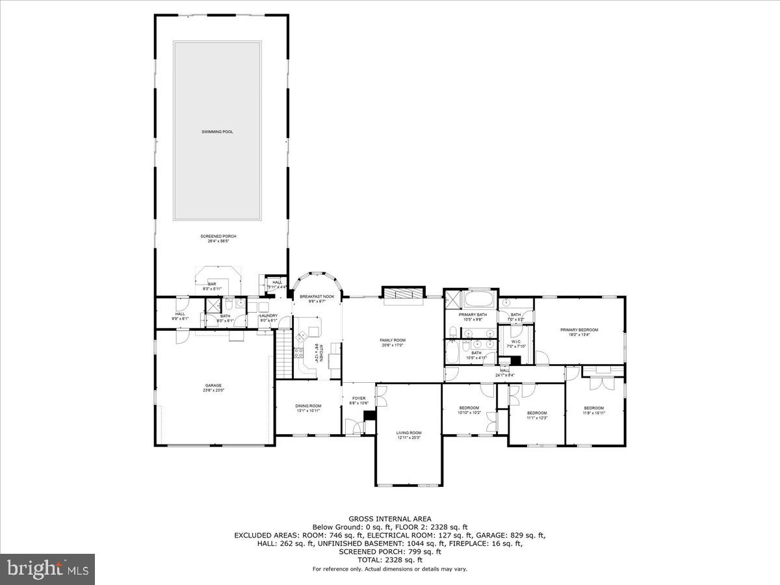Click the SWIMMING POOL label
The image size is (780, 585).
(x=217, y=132)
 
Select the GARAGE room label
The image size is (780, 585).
(x=214, y=385)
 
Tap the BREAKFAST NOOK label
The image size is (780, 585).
(x=317, y=297)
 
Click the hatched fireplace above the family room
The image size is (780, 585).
(x=403, y=294)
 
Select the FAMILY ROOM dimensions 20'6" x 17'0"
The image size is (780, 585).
(x=393, y=345)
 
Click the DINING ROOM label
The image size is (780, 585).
(x=308, y=406)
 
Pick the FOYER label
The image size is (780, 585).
(x=359, y=398)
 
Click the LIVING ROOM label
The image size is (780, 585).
(x=409, y=433)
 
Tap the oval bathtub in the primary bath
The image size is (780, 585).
(x=480, y=301)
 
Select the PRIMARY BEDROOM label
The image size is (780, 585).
(x=579, y=330)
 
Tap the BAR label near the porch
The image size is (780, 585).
(x=212, y=284)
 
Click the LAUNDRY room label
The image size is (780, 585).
(x=268, y=316)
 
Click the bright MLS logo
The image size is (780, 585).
(x=47, y=569)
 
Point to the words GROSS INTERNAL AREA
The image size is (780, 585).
(x=389, y=519)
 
